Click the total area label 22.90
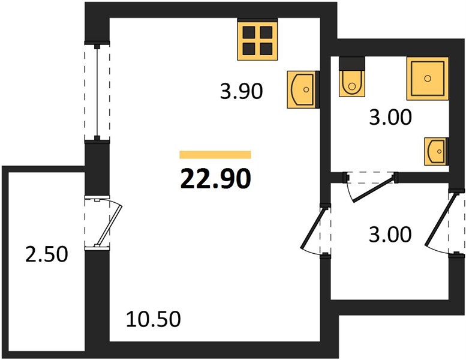216,179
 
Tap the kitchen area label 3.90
241,91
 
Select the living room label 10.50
154,319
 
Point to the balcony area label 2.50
47,254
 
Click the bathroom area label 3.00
390,117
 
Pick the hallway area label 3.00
390,234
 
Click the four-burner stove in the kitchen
257,39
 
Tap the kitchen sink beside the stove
303,89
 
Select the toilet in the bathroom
352,77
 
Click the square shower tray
428,79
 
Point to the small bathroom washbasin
436,152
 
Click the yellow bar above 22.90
215,155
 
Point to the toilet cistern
352,64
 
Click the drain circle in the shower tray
428,79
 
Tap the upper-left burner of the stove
249,32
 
